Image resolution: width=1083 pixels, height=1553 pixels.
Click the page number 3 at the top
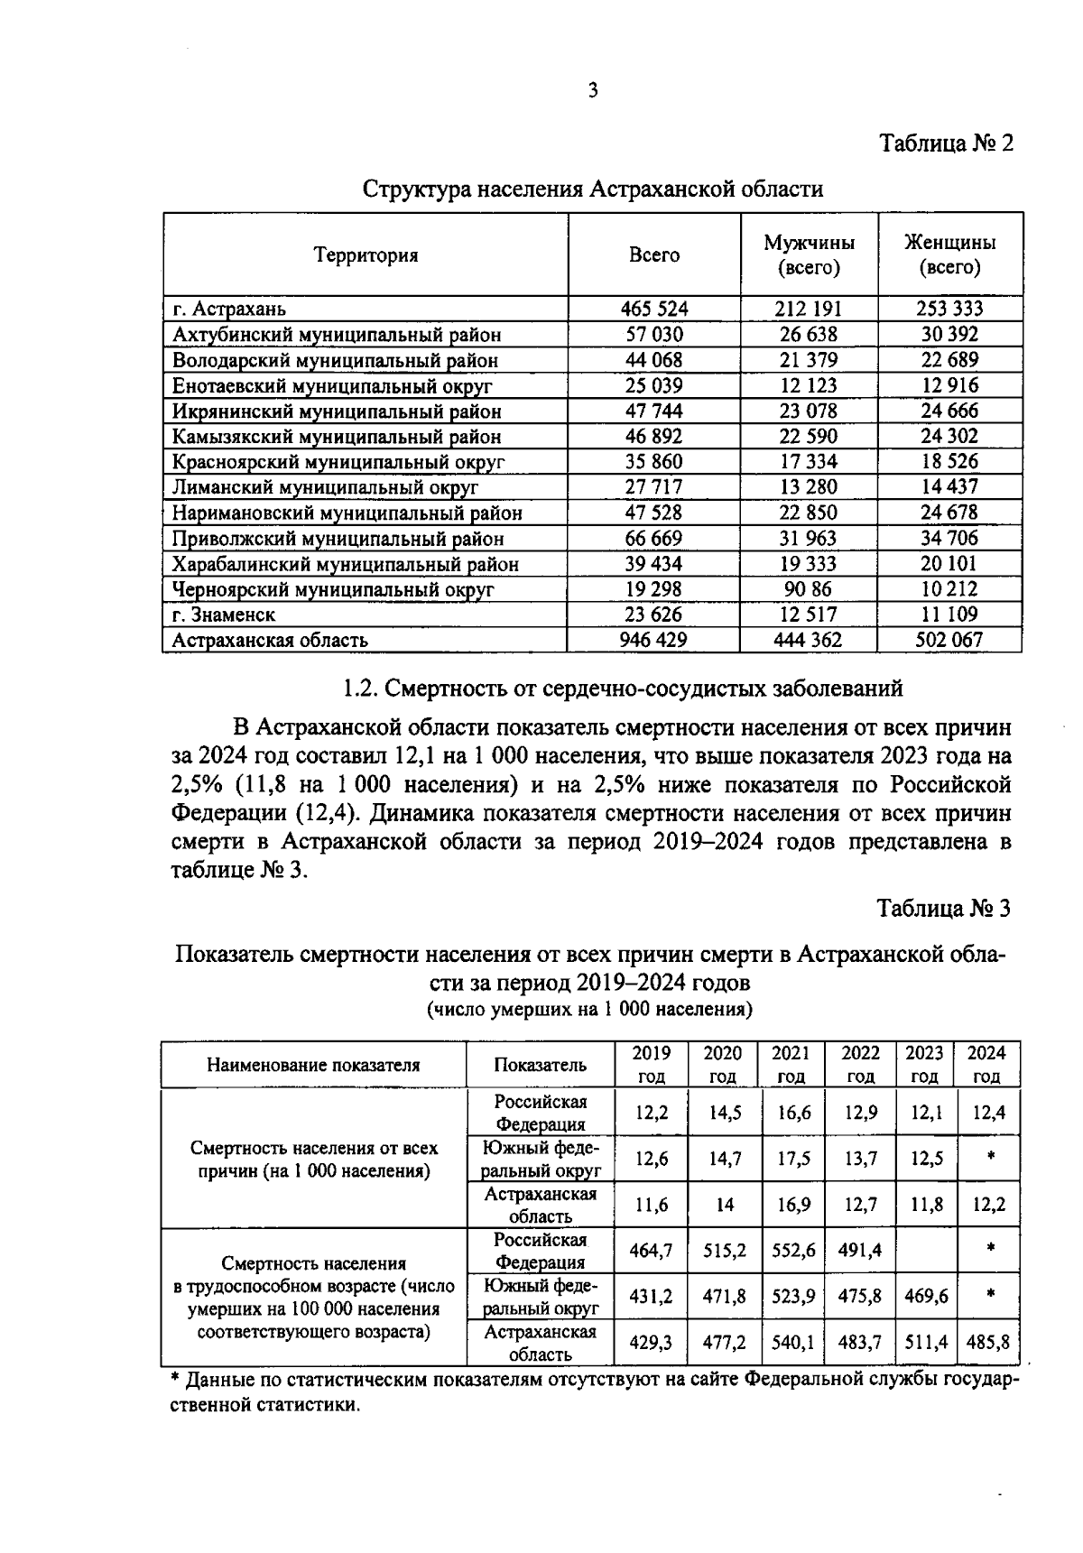(592, 90)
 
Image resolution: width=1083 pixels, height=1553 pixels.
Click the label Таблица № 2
(947, 143)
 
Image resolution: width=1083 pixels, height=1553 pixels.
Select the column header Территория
(366, 255)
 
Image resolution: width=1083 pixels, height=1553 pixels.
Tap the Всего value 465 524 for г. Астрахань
(654, 309)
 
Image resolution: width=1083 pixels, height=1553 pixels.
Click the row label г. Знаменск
(224, 615)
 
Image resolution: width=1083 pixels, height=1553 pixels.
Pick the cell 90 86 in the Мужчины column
(808, 590)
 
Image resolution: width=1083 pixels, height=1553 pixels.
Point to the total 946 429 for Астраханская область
(654, 641)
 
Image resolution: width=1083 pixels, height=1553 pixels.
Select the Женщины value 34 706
(949, 539)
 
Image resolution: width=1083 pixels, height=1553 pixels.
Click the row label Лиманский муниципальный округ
(325, 488)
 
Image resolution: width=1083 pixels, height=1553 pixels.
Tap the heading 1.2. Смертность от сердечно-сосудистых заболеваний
(624, 689)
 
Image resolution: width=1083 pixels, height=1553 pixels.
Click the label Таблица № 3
(945, 909)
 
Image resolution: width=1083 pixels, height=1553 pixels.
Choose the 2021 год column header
(791, 1065)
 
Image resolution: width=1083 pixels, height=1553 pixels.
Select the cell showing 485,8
(987, 1343)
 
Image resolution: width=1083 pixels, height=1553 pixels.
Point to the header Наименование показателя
(313, 1065)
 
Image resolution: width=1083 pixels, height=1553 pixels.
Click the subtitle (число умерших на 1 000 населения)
(589, 1009)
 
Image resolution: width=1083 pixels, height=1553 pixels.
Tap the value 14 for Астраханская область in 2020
(725, 1205)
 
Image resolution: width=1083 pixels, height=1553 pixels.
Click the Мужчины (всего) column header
(808, 255)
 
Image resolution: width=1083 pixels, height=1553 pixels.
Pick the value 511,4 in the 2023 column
(925, 1343)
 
